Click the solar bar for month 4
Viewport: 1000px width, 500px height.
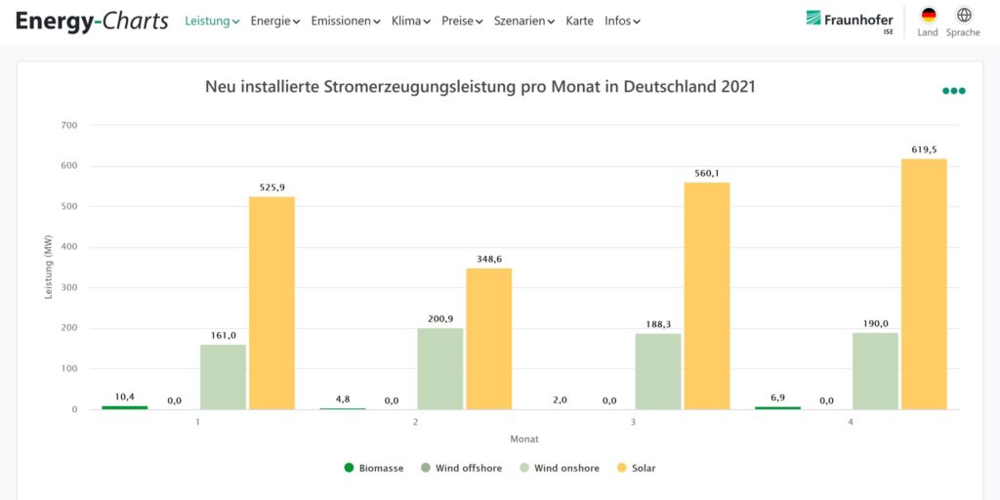tap(924, 283)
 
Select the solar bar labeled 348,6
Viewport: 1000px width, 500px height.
tap(489, 338)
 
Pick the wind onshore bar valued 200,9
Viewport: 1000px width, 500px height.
tap(440, 368)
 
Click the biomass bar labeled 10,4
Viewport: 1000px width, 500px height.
tap(125, 407)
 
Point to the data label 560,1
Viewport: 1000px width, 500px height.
tap(706, 174)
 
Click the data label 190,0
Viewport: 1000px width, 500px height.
tap(875, 323)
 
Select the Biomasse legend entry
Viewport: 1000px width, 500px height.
tap(374, 468)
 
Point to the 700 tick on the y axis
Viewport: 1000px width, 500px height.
tap(68, 125)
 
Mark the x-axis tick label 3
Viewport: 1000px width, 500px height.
tap(633, 422)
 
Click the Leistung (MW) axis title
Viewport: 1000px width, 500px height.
tap(49, 267)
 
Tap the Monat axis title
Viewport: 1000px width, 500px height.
tap(523, 438)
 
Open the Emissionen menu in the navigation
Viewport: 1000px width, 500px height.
tap(346, 21)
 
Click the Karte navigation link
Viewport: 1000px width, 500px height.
tap(579, 21)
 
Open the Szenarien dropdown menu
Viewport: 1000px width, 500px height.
tap(524, 21)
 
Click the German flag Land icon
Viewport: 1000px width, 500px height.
tap(928, 16)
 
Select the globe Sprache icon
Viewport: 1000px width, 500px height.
tap(964, 16)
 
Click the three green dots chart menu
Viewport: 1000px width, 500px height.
tap(954, 91)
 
